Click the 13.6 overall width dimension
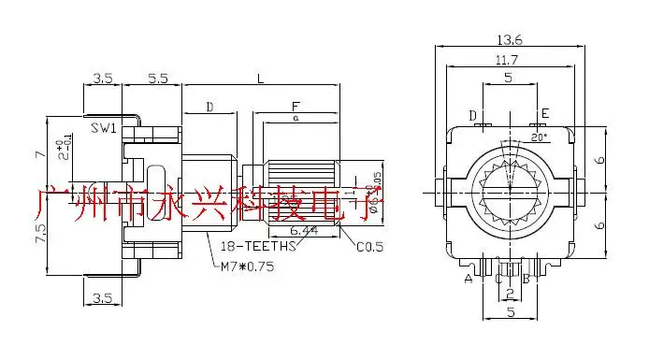pyautogui.click(x=511, y=40)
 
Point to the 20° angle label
pyautogui.click(x=539, y=137)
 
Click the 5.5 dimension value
pyautogui.click(x=158, y=81)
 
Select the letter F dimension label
pyautogui.click(x=296, y=108)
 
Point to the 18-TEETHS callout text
pyautogui.click(x=257, y=248)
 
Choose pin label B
pyautogui.click(x=526, y=279)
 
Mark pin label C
pyautogui.click(x=498, y=279)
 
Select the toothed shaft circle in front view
pyautogui.click(x=511, y=192)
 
